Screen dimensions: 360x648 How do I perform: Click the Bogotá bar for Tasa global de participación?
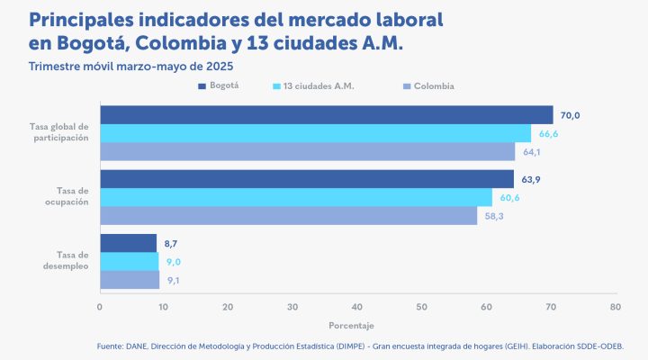pos(326,114)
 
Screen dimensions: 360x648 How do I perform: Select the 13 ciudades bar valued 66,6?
pos(315,133)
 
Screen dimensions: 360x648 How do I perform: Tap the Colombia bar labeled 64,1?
pos(307,152)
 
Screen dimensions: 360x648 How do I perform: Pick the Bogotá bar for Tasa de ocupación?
pos(306,179)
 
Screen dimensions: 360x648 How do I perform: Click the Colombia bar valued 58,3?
pos(288,216)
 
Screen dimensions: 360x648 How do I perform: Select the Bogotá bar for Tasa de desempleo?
pos(128,243)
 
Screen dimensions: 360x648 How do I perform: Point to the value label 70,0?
pos(570,115)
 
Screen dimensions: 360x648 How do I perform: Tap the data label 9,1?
pos(174,281)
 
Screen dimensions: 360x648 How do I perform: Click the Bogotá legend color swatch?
pos(202,86)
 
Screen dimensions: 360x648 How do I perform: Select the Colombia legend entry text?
pos(434,86)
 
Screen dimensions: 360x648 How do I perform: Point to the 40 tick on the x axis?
pos(357,307)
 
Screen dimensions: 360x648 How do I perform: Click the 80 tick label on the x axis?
pos(615,307)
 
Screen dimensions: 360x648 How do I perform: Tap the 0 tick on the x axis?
pos(100,307)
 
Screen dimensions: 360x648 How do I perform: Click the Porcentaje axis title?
pos(351,325)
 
